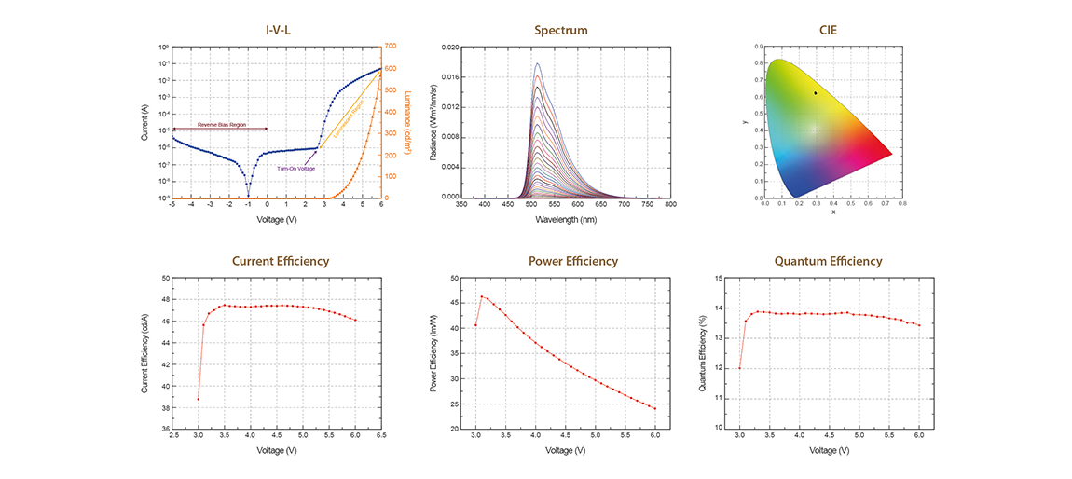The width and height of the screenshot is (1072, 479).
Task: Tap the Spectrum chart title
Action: coord(560,30)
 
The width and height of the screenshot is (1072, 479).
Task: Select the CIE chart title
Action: coord(827,30)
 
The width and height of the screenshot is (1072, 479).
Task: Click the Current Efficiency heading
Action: coord(281,261)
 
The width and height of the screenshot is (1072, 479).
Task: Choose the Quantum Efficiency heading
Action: coord(828,261)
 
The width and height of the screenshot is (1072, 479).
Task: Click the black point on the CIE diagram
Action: coord(815,93)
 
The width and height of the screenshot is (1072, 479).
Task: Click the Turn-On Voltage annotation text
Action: coord(295,168)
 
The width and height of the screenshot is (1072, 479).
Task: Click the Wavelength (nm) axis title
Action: coord(566,220)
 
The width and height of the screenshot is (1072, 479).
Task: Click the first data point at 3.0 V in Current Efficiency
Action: coord(199,399)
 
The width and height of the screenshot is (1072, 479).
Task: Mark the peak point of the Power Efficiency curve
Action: coord(482,296)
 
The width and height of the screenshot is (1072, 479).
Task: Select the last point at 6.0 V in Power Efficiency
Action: coord(655,408)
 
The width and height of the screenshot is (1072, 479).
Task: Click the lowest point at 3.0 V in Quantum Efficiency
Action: coord(739,368)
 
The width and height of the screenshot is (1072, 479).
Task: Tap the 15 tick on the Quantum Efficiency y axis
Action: coord(718,278)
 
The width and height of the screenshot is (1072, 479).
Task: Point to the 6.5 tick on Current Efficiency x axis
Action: coord(381,435)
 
